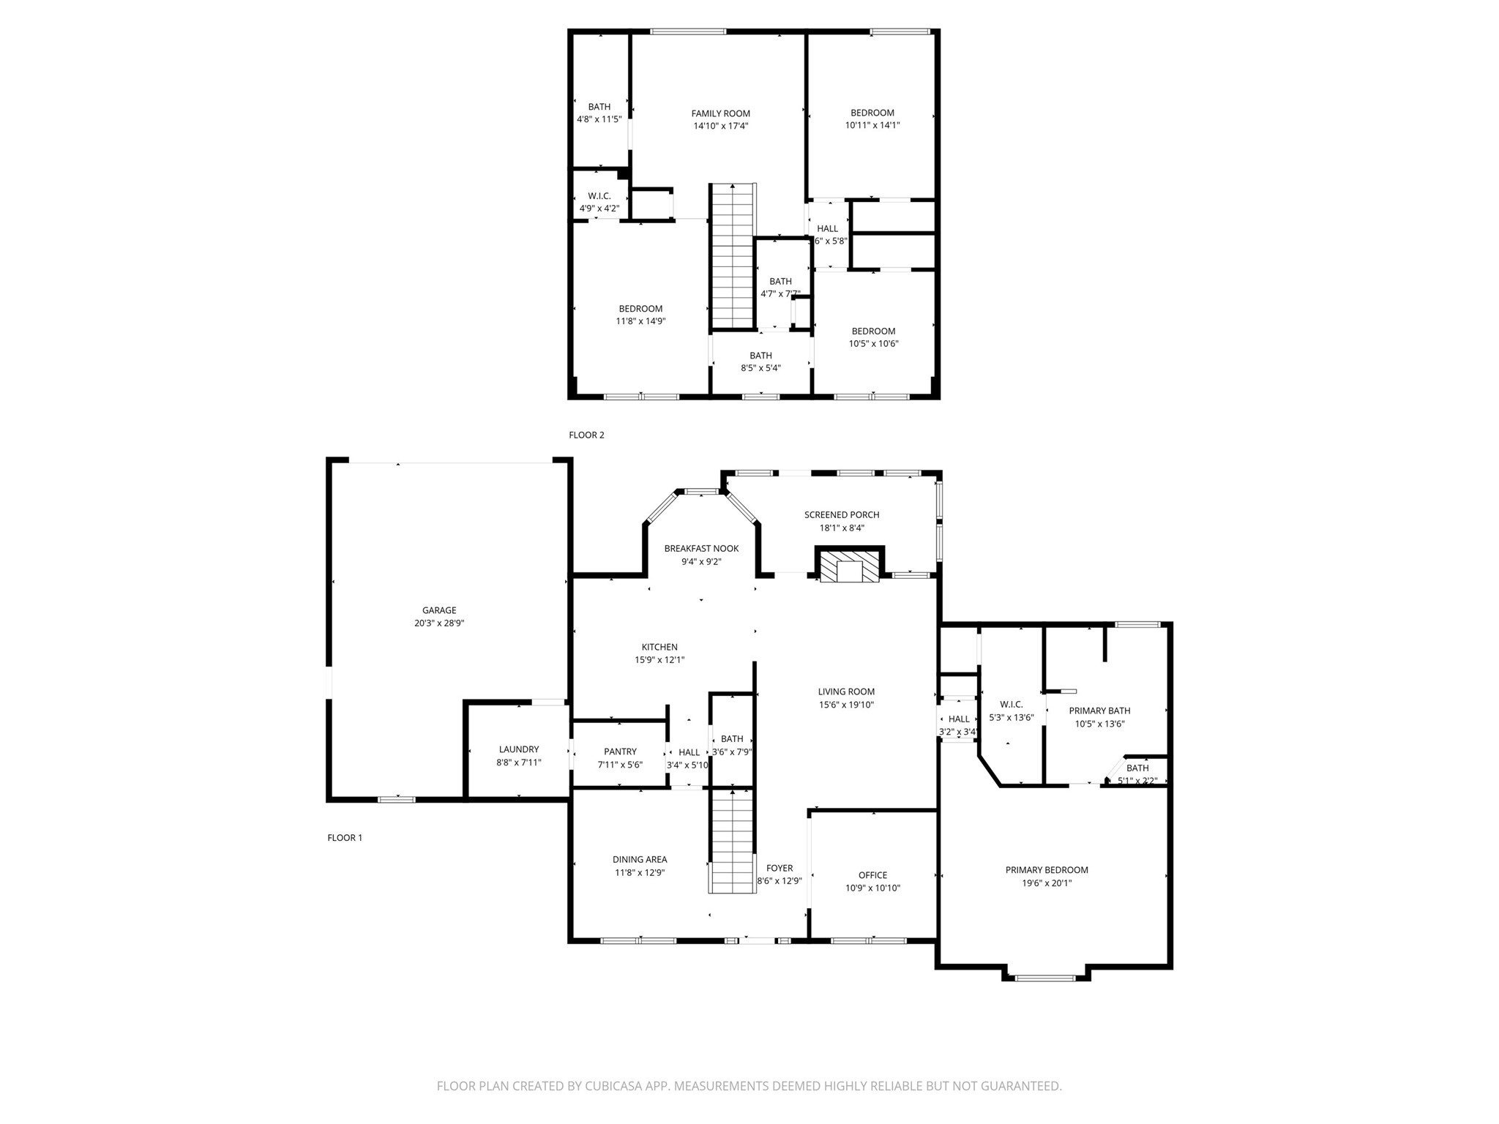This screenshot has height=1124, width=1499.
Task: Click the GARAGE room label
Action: pyautogui.click(x=439, y=610)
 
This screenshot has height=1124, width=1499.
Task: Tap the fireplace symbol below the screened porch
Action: pyautogui.click(x=850, y=567)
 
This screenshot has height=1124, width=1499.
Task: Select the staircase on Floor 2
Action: pyautogui.click(x=733, y=257)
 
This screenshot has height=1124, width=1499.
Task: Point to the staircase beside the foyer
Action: pyautogui.click(x=732, y=842)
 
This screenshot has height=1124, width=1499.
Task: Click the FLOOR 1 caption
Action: pyautogui.click(x=345, y=838)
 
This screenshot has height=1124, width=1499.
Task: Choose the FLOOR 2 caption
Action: pyautogui.click(x=586, y=435)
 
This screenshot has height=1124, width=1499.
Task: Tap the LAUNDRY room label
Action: pyautogui.click(x=518, y=749)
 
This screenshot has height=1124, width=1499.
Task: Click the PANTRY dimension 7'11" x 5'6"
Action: pyautogui.click(x=620, y=765)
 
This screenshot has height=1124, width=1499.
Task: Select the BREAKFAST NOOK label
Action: pyautogui.click(x=701, y=549)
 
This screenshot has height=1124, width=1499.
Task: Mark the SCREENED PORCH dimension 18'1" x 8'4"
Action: pyautogui.click(x=842, y=528)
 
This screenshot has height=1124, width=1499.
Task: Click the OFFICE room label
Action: pyautogui.click(x=872, y=875)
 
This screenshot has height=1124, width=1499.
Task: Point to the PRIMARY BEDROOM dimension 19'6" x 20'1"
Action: pyautogui.click(x=1047, y=883)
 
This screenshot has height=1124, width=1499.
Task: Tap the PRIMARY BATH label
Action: pyautogui.click(x=1099, y=711)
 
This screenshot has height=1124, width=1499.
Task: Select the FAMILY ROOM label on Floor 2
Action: pyautogui.click(x=721, y=113)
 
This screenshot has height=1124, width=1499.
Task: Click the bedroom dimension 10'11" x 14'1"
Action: pyautogui.click(x=872, y=125)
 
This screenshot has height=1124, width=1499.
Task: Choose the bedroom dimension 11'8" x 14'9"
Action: pyautogui.click(x=640, y=321)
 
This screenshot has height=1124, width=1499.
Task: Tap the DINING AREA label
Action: pyautogui.click(x=640, y=860)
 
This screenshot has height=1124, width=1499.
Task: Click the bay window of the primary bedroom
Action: pyautogui.click(x=1046, y=977)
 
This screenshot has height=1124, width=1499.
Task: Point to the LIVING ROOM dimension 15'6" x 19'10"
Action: pyautogui.click(x=846, y=705)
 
